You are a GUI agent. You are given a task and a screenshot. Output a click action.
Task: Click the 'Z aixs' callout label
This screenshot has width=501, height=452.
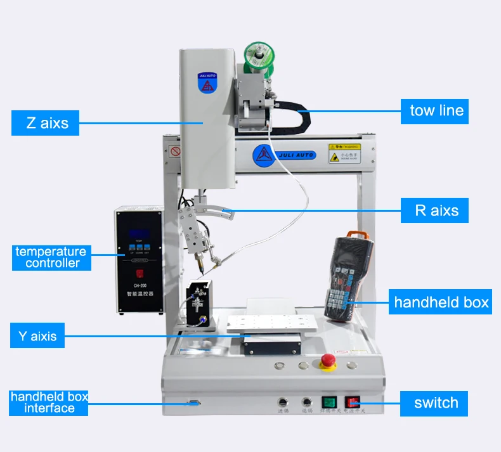(x=45, y=122)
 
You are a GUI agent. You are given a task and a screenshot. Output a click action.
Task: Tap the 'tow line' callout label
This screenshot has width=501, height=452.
(x=436, y=111)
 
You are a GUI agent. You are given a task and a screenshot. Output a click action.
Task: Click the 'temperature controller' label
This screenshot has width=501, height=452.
(x=51, y=257)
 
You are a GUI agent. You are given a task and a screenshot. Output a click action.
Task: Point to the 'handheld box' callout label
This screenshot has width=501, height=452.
(x=440, y=302)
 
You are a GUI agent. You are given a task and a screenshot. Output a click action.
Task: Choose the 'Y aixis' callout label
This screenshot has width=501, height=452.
(x=37, y=335)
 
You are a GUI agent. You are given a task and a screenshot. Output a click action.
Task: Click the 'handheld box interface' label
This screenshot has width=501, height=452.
(x=49, y=403)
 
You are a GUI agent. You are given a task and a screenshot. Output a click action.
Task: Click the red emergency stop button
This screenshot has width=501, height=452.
(x=328, y=361)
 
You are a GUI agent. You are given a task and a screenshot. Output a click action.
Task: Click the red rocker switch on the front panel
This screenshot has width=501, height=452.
(x=352, y=401)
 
